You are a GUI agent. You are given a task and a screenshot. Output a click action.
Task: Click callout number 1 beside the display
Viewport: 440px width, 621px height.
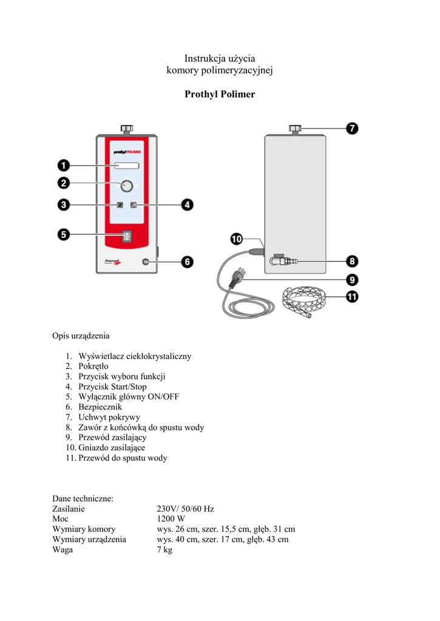point(64,165)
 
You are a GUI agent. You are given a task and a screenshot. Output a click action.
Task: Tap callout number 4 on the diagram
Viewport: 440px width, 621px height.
point(188,205)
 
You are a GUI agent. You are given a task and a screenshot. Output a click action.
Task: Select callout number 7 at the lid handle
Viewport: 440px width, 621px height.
point(352,129)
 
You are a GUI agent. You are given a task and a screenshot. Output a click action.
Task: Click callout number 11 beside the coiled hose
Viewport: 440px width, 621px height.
point(352,297)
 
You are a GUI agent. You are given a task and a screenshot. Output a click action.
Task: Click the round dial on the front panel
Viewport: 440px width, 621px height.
point(127,186)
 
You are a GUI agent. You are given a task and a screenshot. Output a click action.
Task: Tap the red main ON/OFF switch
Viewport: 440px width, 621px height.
point(127,236)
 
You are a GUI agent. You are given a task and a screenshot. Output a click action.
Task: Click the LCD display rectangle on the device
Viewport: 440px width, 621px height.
point(127,166)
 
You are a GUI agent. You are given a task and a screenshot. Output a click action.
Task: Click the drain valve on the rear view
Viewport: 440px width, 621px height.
point(280,262)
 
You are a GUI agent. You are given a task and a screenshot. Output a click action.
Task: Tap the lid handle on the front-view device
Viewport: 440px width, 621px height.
point(127,129)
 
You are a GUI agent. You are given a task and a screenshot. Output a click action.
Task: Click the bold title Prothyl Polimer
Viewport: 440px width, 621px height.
point(220,95)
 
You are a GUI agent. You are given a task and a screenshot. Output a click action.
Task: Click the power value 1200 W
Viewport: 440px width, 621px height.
point(171,519)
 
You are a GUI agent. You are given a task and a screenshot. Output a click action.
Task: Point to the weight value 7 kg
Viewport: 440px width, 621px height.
point(164,550)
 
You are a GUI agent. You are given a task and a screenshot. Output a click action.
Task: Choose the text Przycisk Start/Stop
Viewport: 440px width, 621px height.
point(112,386)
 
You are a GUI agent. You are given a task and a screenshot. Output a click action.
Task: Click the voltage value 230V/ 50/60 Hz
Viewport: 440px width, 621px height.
point(185,509)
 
